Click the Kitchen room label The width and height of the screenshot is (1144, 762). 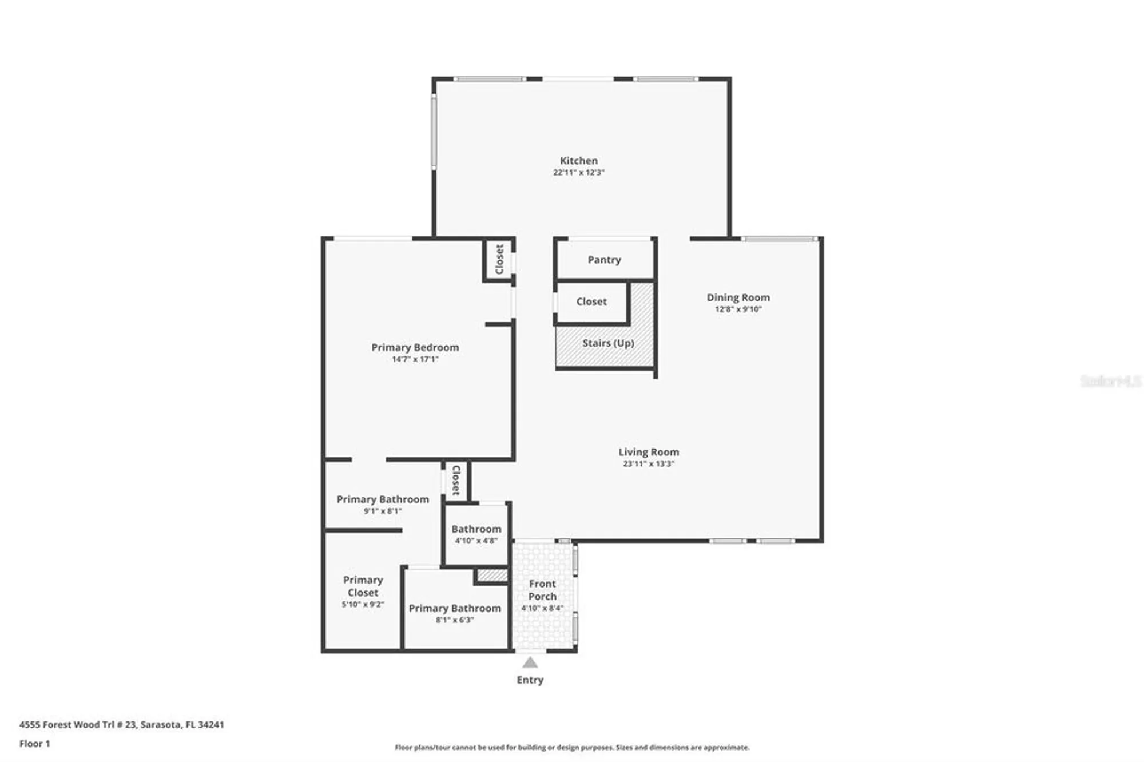[578, 161]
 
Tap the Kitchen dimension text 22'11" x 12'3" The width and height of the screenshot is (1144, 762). [578, 172]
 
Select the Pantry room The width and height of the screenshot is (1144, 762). [604, 260]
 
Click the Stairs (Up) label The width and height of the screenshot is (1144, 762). [608, 343]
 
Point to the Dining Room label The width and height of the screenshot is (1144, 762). [738, 297]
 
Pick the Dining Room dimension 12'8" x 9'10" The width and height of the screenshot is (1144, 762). [738, 309]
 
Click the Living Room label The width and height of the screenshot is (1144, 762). [648, 452]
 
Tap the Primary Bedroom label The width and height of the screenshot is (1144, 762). [415, 347]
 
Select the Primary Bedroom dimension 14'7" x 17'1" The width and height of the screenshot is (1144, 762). [415, 359]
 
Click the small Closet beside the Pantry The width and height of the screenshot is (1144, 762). [591, 301]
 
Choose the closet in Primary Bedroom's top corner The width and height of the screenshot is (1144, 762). [499, 260]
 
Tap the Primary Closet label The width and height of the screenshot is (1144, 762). [363, 586]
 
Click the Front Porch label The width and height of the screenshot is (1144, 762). [542, 590]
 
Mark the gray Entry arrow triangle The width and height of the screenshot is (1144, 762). [530, 662]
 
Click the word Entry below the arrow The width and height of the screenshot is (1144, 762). [530, 680]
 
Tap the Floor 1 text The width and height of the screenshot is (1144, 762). [34, 744]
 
